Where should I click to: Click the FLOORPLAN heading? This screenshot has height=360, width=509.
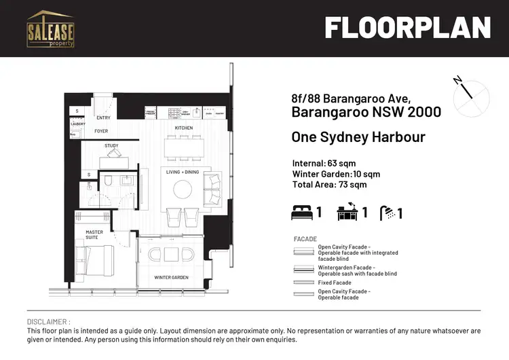[407, 28]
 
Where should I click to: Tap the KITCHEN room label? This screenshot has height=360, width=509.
[184, 128]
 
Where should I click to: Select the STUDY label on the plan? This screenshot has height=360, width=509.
[111, 146]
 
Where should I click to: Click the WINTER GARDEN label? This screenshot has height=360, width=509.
[170, 278]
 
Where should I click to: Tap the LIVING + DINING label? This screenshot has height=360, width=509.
[183, 172]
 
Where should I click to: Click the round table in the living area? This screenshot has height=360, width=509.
[183, 188]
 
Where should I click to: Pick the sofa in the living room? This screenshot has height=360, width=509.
[212, 189]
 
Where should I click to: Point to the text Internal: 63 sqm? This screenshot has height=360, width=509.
[324, 164]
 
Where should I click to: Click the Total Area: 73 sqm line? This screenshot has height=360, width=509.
[329, 184]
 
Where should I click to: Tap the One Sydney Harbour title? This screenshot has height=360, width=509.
[358, 137]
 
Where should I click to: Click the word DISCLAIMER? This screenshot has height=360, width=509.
[48, 321]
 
